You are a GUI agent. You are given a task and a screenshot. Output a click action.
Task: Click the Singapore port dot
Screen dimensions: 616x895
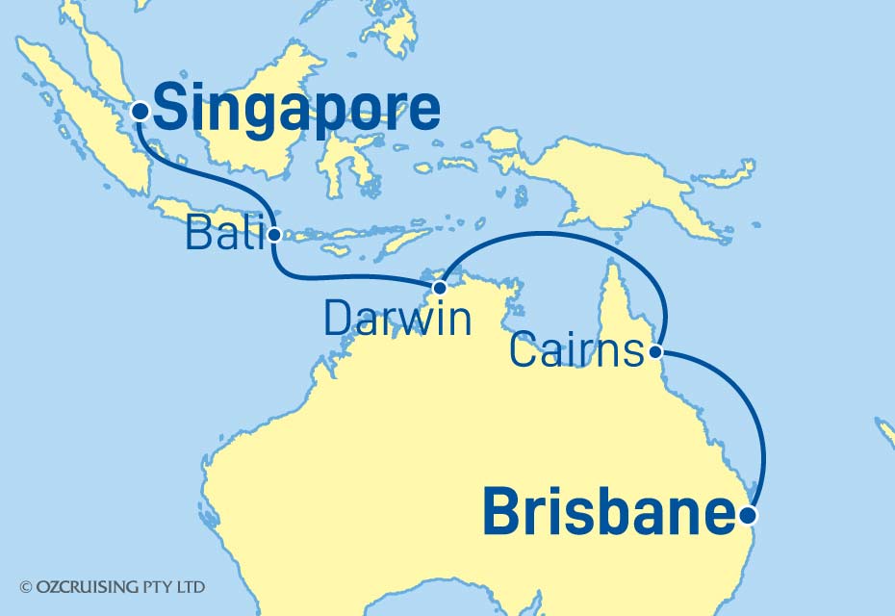click(141, 112)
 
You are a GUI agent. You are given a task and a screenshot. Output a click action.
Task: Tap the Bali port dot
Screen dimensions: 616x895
click(275, 234)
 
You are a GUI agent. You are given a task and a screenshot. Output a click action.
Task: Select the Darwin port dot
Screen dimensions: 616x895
click(440, 288)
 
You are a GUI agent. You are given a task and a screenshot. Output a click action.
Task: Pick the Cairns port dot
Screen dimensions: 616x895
click(656, 351)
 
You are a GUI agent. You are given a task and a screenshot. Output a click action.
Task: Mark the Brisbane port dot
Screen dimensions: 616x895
click(750, 516)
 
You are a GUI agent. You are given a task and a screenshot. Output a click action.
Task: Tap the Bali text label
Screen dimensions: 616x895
click(222, 234)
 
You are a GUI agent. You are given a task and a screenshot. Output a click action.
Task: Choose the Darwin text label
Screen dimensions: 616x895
click(397, 319)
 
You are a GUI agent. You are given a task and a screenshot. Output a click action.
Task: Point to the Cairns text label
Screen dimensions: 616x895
click(575, 351)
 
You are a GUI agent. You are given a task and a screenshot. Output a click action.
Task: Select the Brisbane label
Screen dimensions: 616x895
click(606, 513)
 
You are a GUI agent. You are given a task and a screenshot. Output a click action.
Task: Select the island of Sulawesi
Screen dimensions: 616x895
click(342, 154)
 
